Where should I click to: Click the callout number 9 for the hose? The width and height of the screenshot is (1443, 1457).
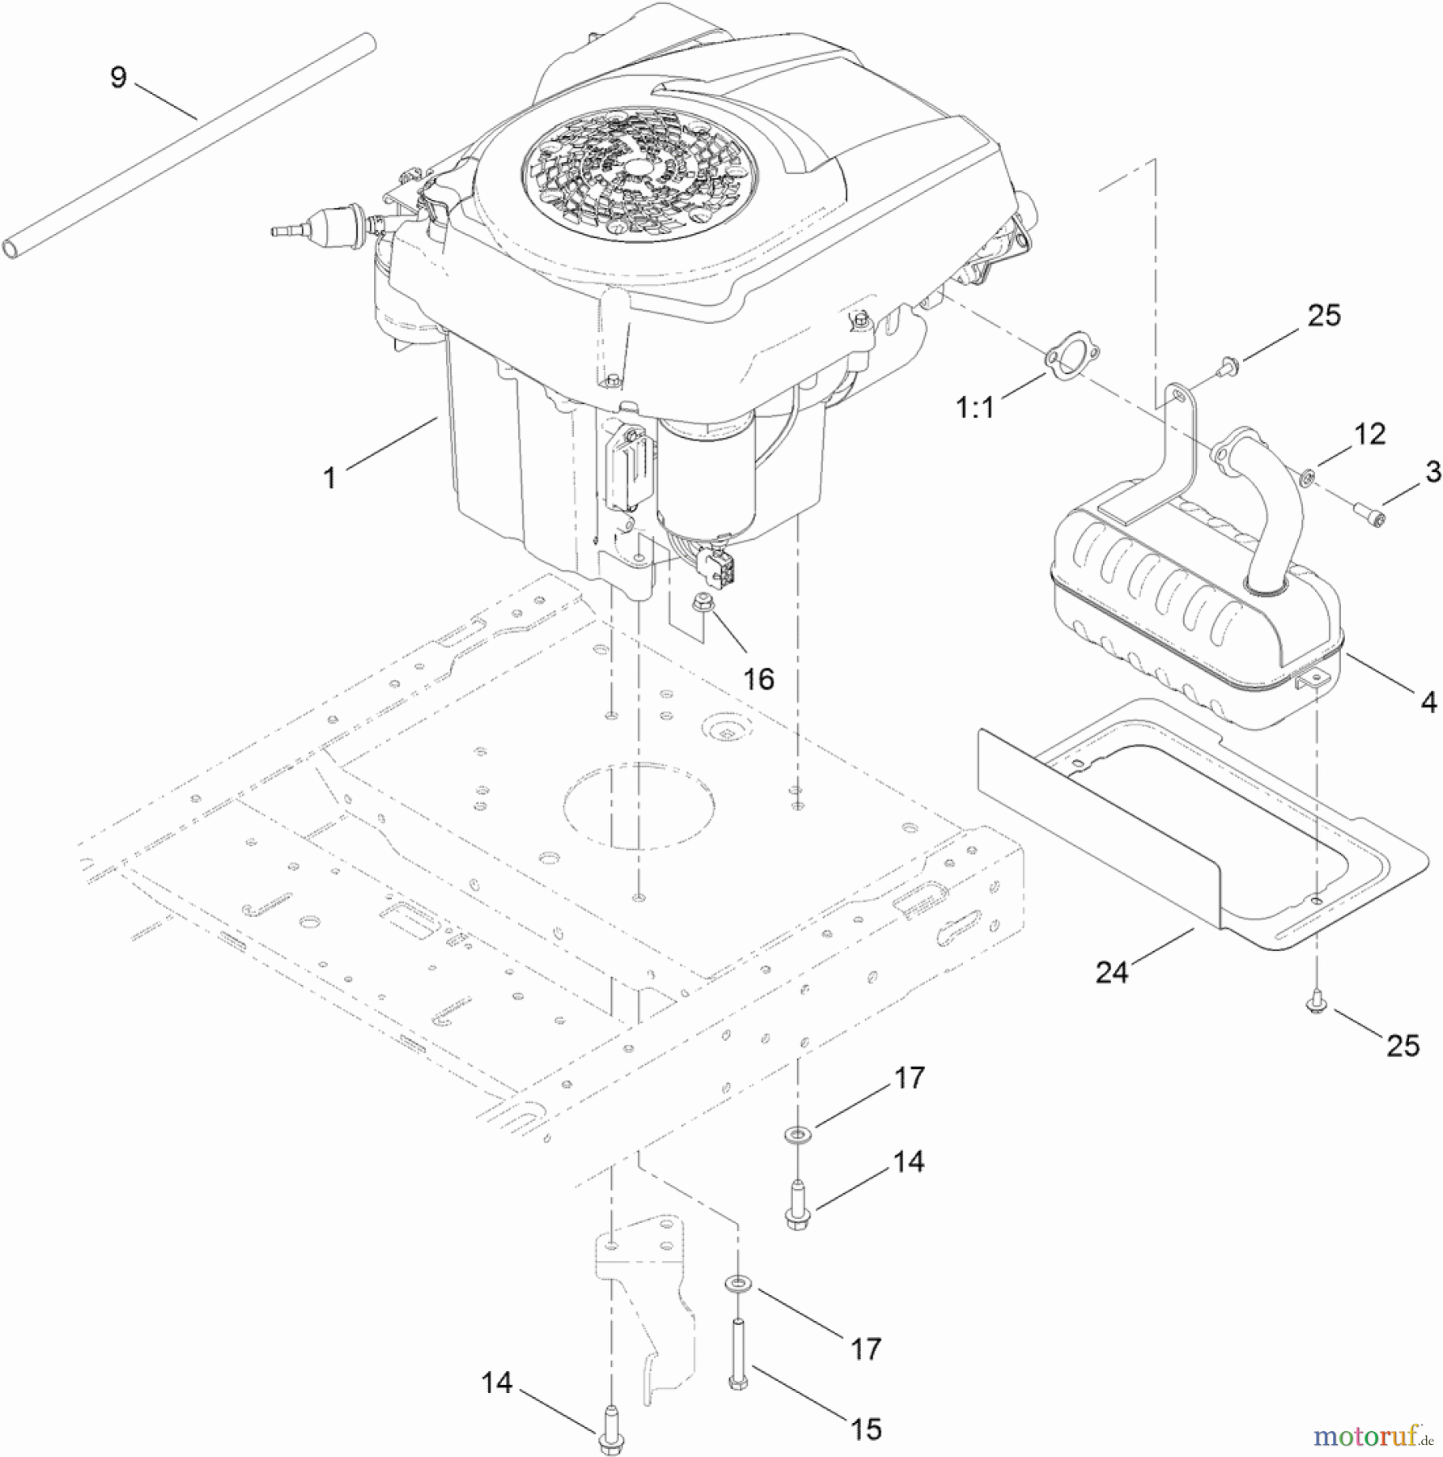(x=118, y=78)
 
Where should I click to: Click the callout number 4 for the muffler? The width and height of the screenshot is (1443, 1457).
(x=1428, y=702)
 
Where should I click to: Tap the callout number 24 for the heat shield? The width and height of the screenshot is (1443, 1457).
(x=1111, y=971)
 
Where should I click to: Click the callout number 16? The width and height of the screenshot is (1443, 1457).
(x=758, y=679)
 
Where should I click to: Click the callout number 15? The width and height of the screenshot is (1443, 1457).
(x=865, y=1429)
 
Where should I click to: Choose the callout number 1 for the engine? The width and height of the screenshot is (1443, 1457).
(x=329, y=478)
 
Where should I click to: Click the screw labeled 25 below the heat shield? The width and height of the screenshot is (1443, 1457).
(x=1317, y=1005)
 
